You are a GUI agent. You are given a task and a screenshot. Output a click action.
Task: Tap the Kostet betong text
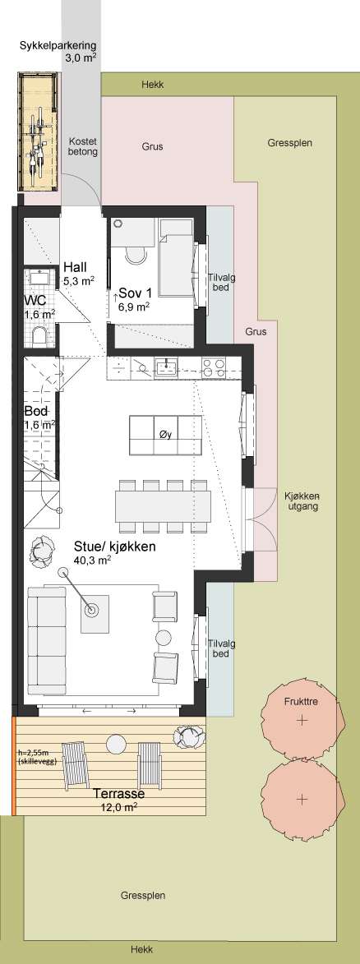click(83, 146)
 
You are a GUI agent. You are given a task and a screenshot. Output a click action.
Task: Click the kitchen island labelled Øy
click(165, 436)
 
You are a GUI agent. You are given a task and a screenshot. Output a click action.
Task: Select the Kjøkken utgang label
click(301, 501)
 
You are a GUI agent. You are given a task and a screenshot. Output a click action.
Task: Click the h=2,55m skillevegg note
click(35, 757)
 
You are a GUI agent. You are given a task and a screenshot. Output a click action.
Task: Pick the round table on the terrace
click(116, 742)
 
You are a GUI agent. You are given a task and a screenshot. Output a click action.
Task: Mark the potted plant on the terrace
click(188, 736)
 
